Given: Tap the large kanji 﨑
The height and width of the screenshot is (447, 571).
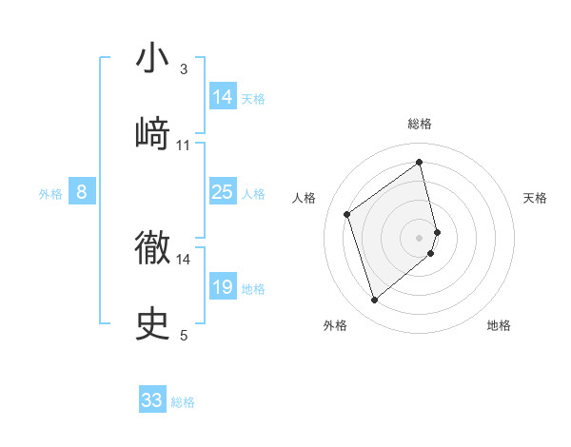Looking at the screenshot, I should pos(153,133).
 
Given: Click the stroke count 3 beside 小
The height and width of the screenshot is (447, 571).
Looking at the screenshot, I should pos(184,68).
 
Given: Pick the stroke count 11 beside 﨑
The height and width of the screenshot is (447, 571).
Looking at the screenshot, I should pos(184,145).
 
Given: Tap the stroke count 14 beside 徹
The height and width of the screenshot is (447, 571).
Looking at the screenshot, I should pos(184,259).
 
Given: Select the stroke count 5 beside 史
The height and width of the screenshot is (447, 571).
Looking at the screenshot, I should pos(184,335).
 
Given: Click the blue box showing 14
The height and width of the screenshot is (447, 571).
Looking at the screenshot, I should pos(223,97).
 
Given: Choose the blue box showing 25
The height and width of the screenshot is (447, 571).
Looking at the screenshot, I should pos(223,192).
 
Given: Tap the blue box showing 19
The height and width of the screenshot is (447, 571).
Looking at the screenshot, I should pos(223,287).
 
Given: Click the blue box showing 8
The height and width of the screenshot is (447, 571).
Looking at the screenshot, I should pos(82,192).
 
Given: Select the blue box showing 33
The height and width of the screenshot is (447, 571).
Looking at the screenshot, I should pos(152,400).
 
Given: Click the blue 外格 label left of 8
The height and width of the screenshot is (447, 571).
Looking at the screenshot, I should pos(50,194).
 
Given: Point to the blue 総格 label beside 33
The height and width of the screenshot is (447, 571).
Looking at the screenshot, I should pos(183,402).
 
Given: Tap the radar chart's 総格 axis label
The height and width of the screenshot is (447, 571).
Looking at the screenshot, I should pos(420,124).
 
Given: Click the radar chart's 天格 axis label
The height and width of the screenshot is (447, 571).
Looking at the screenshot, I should pos(536,198).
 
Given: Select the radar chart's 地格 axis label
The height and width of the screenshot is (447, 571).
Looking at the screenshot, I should pos(499,326).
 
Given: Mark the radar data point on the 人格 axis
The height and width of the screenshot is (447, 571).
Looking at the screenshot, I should pos(347,214).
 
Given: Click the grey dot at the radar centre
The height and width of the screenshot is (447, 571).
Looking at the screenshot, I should pos(420,237).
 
